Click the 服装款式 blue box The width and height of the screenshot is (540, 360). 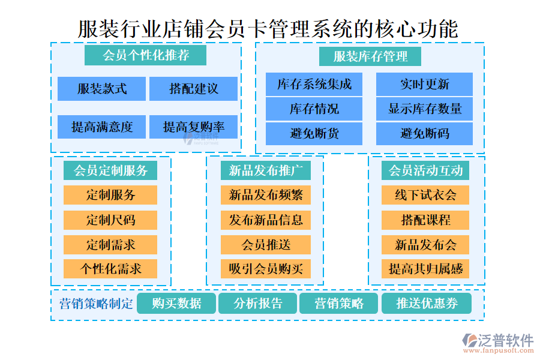point(102,89)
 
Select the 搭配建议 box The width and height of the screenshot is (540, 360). point(193,89)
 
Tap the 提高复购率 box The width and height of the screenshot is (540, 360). point(193,127)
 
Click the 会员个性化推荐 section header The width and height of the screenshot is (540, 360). point(146,56)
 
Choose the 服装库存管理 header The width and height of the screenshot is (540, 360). point(370,56)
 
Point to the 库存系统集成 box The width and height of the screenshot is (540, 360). point(314,85)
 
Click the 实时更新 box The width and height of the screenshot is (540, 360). point(424,85)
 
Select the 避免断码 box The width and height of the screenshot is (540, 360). point(424,133)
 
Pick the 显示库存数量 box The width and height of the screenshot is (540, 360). point(424,109)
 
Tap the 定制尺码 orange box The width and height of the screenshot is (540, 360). point(110,220)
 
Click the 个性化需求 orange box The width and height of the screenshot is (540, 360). point(110,268)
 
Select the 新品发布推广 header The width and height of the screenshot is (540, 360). point(265,170)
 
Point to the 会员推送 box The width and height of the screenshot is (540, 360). point(265,244)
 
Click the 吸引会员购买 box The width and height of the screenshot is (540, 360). point(265,268)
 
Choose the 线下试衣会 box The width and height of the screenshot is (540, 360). point(425,195)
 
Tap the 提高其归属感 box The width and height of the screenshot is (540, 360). point(425,268)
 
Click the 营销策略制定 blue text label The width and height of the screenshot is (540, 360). point(96,304)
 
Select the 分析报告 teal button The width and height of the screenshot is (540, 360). point(258,304)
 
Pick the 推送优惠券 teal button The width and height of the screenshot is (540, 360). point(427,304)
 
